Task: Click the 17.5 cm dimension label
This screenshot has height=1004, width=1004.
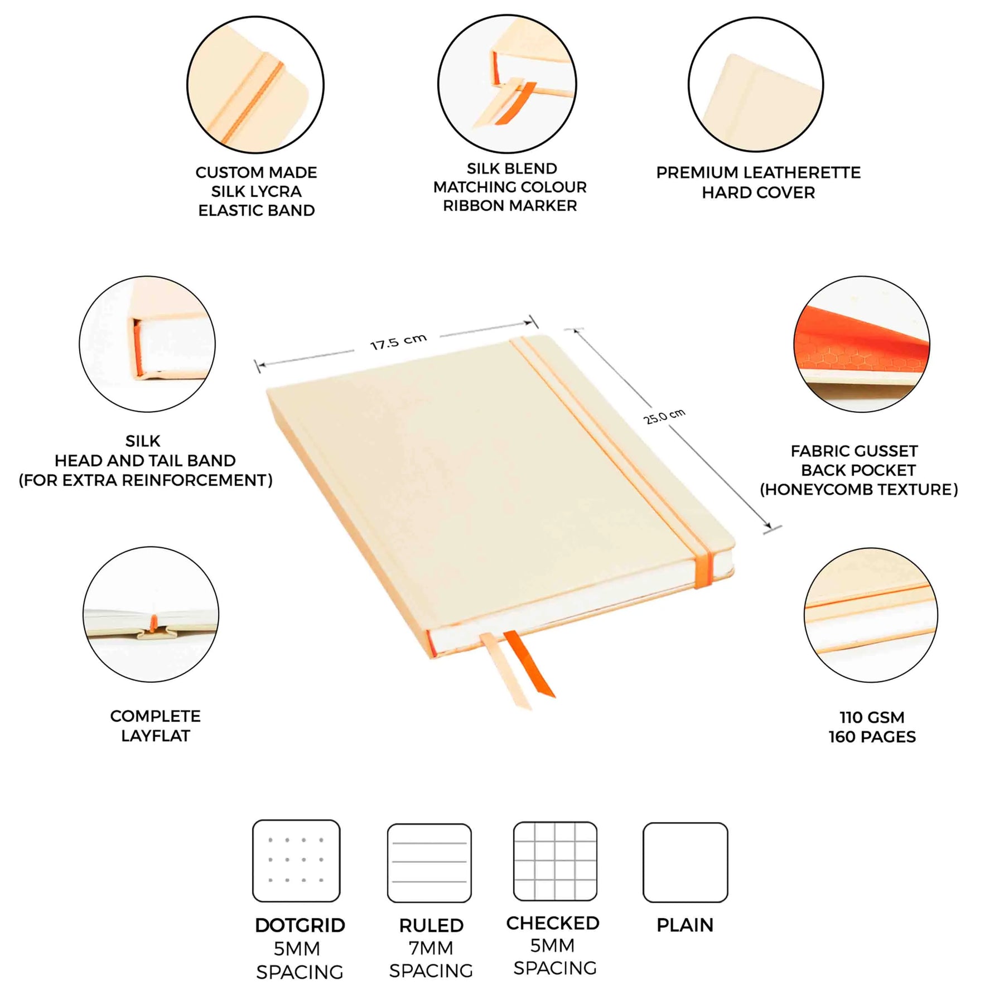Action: [398, 341]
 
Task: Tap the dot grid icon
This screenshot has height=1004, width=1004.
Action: [296, 861]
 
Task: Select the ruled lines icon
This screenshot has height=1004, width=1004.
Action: [429, 863]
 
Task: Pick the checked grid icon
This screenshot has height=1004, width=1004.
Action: [555, 861]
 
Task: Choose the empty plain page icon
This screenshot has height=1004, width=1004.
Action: [686, 862]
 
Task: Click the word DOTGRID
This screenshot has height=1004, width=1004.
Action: [300, 925]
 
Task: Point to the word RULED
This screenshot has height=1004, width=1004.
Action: [431, 925]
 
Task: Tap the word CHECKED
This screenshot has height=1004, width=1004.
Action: [553, 923]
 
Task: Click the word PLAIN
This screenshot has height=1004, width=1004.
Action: [685, 925]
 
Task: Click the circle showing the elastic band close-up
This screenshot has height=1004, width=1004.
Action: [255, 85]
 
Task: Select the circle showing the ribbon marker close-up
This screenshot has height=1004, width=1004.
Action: [507, 84]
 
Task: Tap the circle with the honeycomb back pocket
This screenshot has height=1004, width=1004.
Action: [862, 344]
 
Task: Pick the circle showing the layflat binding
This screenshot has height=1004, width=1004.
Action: [151, 614]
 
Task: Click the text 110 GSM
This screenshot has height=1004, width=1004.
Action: [872, 717]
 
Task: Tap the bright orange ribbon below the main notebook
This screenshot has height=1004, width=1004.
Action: [529, 664]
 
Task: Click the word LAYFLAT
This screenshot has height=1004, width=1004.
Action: [156, 736]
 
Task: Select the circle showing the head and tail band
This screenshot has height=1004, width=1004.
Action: [147, 344]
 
